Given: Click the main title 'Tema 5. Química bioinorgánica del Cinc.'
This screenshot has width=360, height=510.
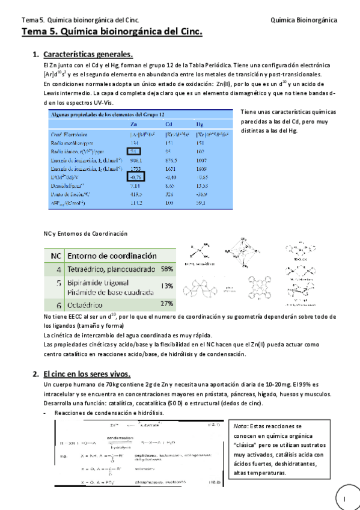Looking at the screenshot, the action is click(112, 32).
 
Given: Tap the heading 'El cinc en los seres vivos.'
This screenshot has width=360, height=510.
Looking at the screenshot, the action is click(89, 374).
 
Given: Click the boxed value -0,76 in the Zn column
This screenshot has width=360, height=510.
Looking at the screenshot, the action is click(135, 177).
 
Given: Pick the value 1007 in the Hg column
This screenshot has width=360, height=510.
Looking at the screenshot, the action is click(202, 161).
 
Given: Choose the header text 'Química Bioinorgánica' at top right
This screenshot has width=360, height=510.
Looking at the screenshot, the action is click(304, 20).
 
